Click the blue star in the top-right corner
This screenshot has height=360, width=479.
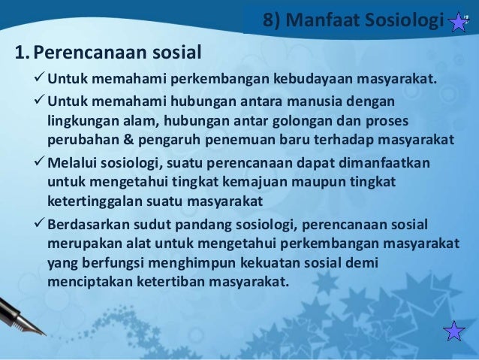pyautogui.click(x=458, y=20)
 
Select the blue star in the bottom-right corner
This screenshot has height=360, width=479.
pyautogui.click(x=454, y=331)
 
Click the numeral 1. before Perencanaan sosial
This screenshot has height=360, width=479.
pyautogui.click(x=23, y=53)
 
